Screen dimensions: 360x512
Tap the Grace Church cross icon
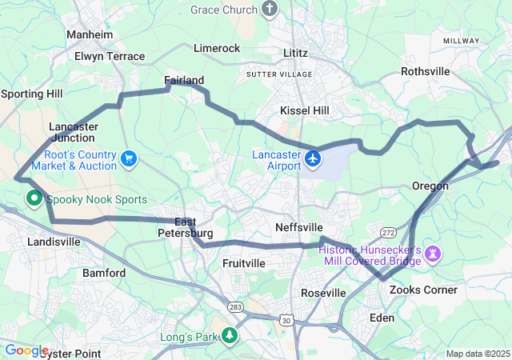click(x=270, y=10)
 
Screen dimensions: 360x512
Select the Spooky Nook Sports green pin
click(x=35, y=198)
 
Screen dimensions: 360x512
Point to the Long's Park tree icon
click(x=230, y=336)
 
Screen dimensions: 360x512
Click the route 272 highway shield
click(x=387, y=231)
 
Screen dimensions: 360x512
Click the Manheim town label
click(x=90, y=35)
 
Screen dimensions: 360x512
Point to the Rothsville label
click(x=426, y=71)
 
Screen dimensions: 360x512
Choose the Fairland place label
click(x=184, y=80)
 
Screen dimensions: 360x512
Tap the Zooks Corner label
click(x=423, y=290)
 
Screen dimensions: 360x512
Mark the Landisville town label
click(x=54, y=241)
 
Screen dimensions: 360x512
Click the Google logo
click(x=26, y=350)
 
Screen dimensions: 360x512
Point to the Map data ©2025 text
click(x=477, y=354)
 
